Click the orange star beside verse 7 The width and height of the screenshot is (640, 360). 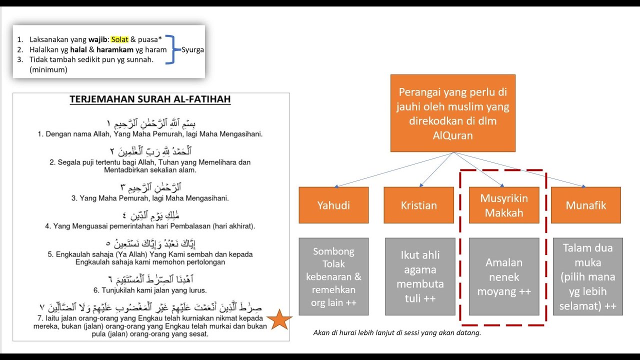280,320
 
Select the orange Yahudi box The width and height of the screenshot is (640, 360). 333,205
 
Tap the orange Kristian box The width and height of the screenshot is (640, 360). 419,205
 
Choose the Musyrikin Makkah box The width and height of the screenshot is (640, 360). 504,205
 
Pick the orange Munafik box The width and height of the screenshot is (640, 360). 585,205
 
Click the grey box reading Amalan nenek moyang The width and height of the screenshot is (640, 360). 504,276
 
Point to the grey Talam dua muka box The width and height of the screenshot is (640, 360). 587,276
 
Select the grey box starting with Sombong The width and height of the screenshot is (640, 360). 333,276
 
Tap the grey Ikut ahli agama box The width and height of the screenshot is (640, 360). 420,276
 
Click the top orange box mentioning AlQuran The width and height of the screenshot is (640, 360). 452,113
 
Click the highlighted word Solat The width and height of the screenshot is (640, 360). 119,39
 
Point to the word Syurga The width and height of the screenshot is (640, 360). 192,50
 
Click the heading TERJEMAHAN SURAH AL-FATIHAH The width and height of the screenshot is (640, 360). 150,99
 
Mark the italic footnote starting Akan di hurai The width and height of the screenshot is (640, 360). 396,333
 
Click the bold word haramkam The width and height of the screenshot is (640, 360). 114,49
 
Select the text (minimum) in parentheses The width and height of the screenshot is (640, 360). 48,69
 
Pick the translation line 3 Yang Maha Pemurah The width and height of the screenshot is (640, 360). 150,198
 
